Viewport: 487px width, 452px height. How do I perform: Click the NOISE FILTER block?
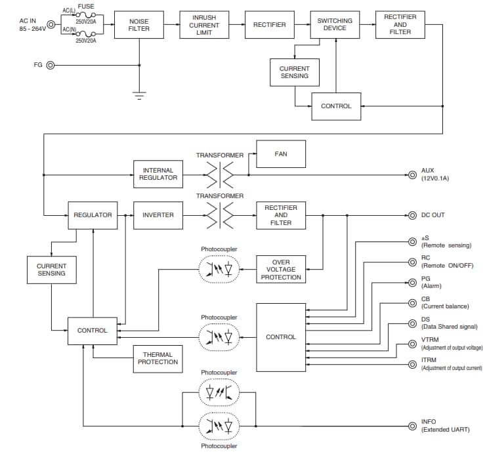click(x=139, y=25)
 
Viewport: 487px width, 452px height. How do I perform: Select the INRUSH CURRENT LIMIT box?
click(x=204, y=25)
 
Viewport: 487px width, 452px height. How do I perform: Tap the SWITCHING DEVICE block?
click(x=335, y=24)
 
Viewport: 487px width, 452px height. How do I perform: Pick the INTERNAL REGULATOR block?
click(x=158, y=175)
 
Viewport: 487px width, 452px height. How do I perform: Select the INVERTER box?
click(x=158, y=215)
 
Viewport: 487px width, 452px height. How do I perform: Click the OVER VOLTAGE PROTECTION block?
click(x=281, y=270)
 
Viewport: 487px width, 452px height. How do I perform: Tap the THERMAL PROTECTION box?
click(x=158, y=358)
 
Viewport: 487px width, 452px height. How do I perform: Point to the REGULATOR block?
click(x=93, y=215)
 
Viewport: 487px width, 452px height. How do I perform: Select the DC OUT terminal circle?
click(x=412, y=215)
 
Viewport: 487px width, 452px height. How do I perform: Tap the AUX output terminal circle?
click(x=412, y=175)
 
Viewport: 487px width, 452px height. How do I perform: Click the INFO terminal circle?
click(x=412, y=425)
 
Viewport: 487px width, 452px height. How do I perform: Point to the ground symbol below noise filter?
click(x=138, y=94)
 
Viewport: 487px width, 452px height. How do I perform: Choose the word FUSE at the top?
click(x=86, y=7)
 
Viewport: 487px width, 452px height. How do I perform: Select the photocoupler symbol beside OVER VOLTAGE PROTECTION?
click(x=219, y=270)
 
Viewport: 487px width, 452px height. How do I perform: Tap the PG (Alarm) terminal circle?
click(x=412, y=283)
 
